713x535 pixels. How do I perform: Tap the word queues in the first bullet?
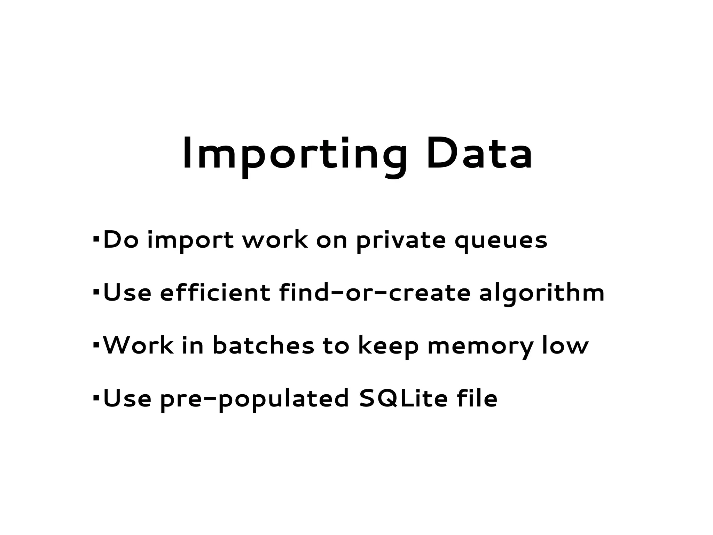point(501,241)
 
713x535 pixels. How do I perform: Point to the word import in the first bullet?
point(190,241)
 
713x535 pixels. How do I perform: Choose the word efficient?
point(215,292)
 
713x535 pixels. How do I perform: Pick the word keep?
point(389,347)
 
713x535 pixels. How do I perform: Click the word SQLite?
point(403,398)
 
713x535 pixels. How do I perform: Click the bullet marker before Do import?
point(96,240)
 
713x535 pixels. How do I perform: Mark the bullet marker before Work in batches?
point(96,345)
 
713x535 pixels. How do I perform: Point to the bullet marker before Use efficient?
point(96,292)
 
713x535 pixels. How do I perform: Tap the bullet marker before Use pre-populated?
point(96,397)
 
